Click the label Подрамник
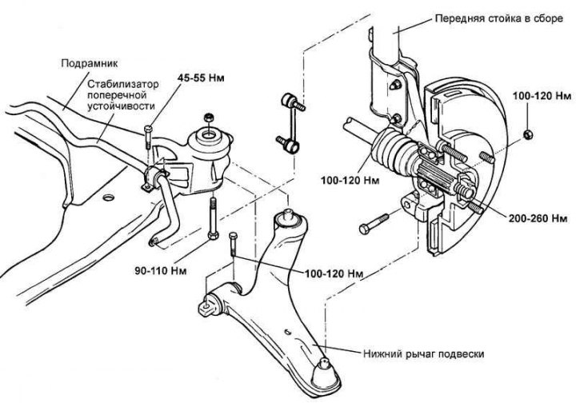coord(90,63)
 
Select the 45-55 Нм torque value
coord(201,78)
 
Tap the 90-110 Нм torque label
coord(161,271)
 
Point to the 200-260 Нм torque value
coord(538,218)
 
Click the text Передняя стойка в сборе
coord(499,18)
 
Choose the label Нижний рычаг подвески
coord(423,353)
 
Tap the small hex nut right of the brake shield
coord(528,134)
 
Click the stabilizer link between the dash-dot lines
coord(290,122)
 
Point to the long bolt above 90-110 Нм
coord(213,218)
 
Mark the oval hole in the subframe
coord(108,198)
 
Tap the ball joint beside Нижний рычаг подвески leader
coord(325,372)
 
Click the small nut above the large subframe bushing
coord(208,118)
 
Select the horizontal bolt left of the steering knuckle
coord(374,224)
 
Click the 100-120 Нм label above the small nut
coord(542,96)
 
